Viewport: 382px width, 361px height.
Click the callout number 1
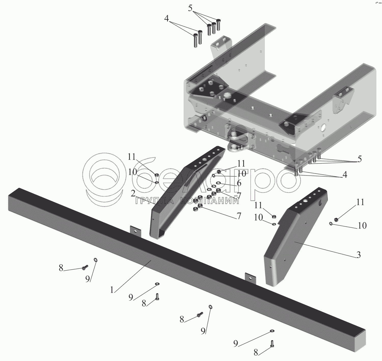click(112, 290)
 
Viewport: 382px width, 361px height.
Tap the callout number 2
click(133, 194)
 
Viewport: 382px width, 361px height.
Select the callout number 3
click(358, 255)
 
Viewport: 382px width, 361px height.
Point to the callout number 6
click(239, 183)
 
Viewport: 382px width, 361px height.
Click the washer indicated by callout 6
click(218, 183)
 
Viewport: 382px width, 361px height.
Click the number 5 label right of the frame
click(359, 159)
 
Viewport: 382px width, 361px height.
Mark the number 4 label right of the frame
click(345, 175)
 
